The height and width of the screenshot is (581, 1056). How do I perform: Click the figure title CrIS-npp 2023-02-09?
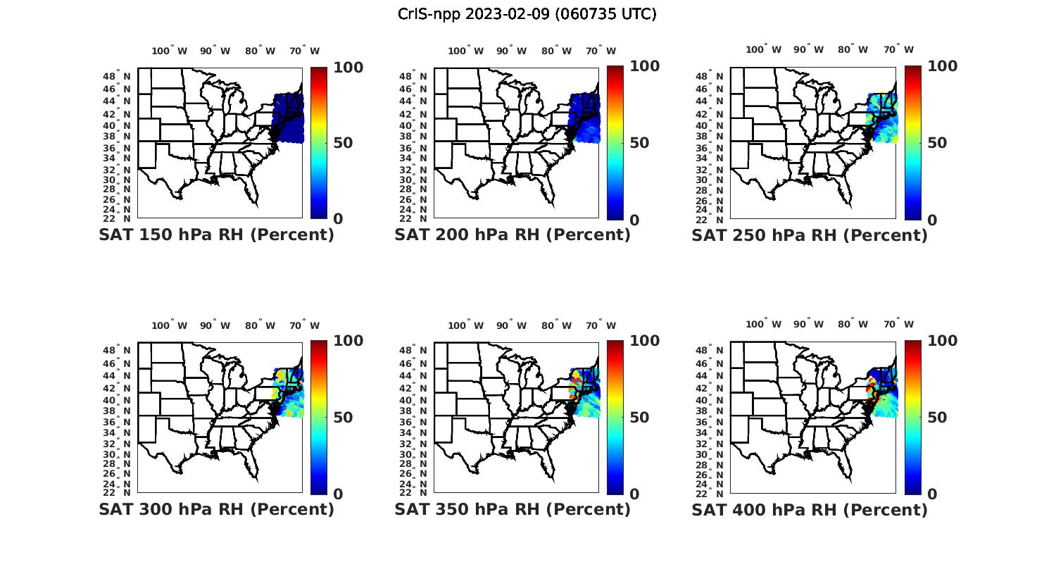click(527, 14)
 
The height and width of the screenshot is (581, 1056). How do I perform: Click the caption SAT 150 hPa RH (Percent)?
click(217, 235)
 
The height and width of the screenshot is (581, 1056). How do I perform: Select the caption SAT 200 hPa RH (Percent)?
click(513, 235)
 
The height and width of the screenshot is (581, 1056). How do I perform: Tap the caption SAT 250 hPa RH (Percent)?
click(810, 235)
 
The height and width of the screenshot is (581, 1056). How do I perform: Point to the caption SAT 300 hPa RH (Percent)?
click(217, 509)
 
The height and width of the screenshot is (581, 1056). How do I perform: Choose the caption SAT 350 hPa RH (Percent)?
click(513, 509)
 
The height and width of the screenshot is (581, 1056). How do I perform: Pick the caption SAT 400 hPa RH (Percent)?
click(810, 509)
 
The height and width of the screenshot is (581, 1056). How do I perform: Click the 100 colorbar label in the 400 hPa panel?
click(942, 341)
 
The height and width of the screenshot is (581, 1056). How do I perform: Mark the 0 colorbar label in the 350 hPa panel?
click(634, 494)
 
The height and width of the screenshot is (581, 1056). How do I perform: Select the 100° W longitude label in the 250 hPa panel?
click(763, 49)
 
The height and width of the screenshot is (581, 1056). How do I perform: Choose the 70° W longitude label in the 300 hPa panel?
click(304, 325)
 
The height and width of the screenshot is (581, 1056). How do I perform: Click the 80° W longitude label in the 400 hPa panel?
click(853, 324)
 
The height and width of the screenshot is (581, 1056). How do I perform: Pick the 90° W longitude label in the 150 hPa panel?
click(215, 51)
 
